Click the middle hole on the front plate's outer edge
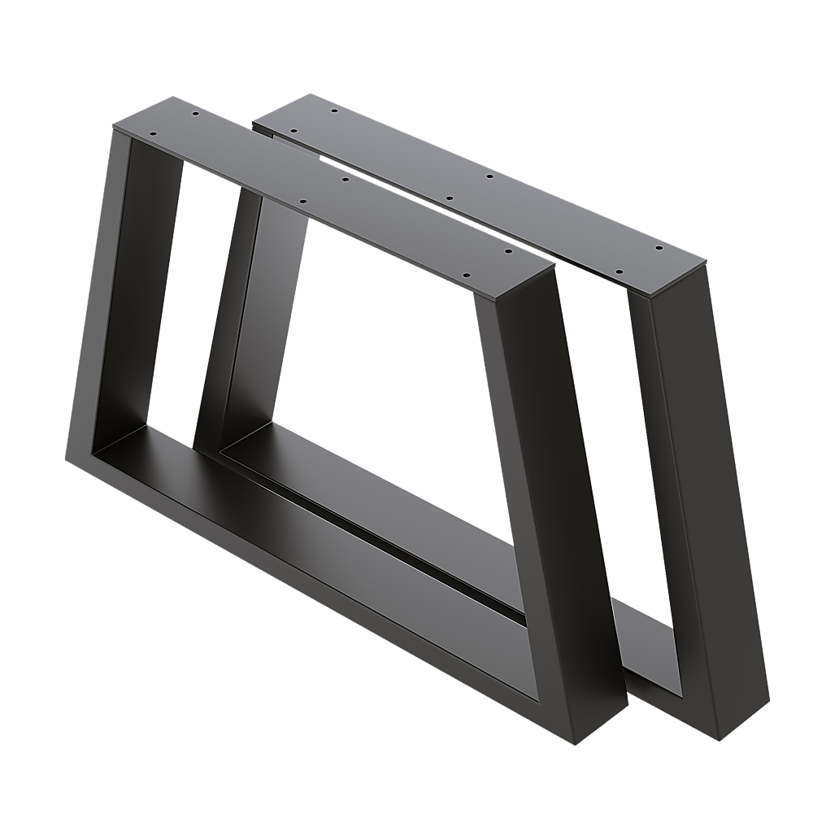click(302, 202)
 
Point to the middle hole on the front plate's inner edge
click(344, 177)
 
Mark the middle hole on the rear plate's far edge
click(490, 176)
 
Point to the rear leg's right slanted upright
click(707, 488)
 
